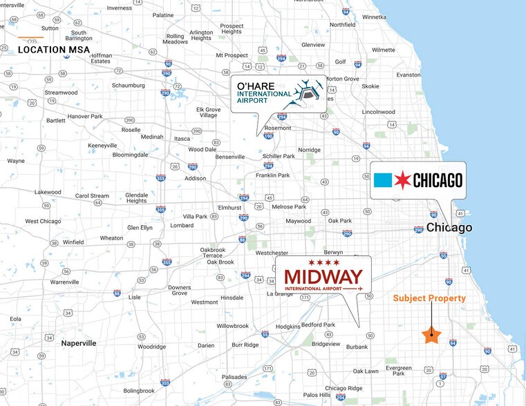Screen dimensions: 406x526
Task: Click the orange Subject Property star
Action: [431, 335]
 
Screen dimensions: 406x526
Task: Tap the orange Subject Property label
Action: [429, 298]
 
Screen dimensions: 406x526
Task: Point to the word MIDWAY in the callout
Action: [323, 276]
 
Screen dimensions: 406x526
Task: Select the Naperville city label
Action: [79, 343]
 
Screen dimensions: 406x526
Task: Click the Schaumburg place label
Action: [129, 86]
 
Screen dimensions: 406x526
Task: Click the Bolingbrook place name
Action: [139, 391]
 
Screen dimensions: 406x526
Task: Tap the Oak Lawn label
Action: [366, 371]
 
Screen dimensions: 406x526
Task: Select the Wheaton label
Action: [111, 238]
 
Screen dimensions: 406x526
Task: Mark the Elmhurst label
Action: [230, 206]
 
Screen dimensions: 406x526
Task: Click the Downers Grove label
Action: [180, 290]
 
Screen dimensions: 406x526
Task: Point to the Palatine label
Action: [163, 14]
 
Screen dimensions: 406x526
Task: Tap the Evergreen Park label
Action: [399, 371]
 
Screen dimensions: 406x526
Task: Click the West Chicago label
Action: [42, 221]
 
